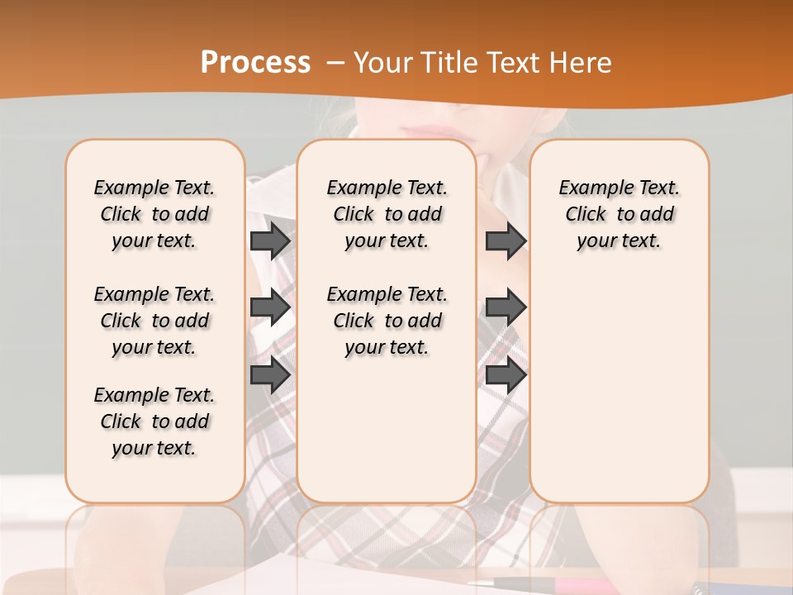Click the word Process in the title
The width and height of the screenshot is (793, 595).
click(x=255, y=62)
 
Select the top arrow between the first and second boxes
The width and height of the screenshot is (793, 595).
click(x=270, y=240)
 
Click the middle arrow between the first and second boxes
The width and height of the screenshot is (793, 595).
click(x=270, y=307)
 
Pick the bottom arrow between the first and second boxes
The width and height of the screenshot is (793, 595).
click(x=270, y=375)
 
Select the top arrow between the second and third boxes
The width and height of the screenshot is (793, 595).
click(x=506, y=240)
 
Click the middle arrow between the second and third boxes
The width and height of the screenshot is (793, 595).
click(x=506, y=307)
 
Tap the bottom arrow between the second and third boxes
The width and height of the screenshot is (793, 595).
click(x=506, y=375)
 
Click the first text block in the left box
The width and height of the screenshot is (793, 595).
click(x=154, y=214)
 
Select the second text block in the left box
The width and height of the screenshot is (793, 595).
click(x=154, y=321)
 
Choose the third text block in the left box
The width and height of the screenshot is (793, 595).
click(x=154, y=421)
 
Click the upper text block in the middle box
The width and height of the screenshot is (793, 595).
click(x=387, y=214)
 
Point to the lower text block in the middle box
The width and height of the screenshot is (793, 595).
click(x=387, y=321)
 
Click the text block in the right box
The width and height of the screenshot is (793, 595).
click(x=620, y=214)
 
